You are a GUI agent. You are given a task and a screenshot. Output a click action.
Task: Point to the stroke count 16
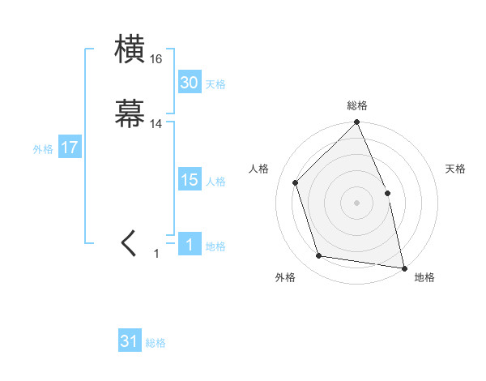coord(156,59)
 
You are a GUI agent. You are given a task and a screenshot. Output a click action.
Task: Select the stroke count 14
coord(156,124)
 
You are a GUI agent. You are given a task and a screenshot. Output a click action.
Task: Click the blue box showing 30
coord(190,83)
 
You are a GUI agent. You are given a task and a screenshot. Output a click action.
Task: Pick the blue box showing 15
coord(190,180)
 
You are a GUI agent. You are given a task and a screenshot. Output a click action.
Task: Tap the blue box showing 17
coord(70,148)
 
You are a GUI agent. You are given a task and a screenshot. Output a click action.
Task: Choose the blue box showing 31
coord(130,341)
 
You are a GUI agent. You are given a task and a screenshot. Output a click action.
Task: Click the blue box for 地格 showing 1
coord(190,245)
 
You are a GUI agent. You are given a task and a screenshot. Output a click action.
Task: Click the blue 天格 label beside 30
coord(215,84)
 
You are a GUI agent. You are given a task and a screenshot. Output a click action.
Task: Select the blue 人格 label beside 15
coord(215,182)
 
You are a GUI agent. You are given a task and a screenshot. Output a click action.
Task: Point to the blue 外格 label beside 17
coord(43,149)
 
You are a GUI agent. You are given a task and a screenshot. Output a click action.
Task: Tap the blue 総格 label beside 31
coord(156,343)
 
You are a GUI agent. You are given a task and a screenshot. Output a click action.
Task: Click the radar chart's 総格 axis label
coord(357,105)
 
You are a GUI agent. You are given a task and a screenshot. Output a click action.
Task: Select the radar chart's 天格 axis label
coord(455,169)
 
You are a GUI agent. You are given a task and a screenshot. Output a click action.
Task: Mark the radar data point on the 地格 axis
coord(404,268)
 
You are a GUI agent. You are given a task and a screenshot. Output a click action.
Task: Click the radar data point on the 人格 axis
coord(296,182)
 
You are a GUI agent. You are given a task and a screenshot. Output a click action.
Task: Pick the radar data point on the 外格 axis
coord(319,256)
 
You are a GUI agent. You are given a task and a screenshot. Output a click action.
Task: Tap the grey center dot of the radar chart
coord(357,203)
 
